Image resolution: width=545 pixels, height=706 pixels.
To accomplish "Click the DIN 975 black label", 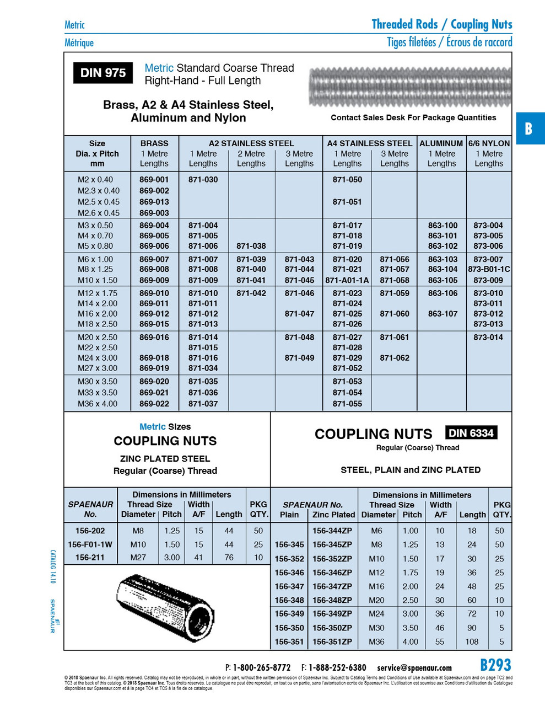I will point(103,73).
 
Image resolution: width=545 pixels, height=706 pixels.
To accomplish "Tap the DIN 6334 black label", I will point(471,433).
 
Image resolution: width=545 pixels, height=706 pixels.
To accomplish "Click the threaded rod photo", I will point(411,87).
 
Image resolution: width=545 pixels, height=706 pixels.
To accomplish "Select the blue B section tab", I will point(529,129).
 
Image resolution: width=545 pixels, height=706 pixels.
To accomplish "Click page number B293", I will point(495,665).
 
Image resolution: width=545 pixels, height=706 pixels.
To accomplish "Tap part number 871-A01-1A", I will point(347,280).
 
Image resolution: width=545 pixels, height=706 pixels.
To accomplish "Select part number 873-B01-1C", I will point(489,269).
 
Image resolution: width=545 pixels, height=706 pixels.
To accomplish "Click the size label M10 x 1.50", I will point(98,280).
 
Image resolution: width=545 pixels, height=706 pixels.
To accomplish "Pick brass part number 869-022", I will point(154,404).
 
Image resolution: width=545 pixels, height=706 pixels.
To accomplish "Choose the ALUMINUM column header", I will point(441,143).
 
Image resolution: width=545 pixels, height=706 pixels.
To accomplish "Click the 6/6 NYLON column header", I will point(489,143).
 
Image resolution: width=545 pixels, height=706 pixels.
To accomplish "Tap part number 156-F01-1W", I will point(90,544).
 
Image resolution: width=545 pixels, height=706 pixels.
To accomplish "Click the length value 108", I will point(472,641).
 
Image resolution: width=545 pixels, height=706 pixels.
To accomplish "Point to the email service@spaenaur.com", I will point(414,668).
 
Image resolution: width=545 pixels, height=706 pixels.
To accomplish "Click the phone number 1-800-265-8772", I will point(261,668).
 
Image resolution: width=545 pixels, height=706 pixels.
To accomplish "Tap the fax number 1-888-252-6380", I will point(337,668).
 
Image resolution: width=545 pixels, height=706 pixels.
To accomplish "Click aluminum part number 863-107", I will point(443,314).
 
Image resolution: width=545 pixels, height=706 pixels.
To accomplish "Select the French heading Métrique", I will point(79,43).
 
